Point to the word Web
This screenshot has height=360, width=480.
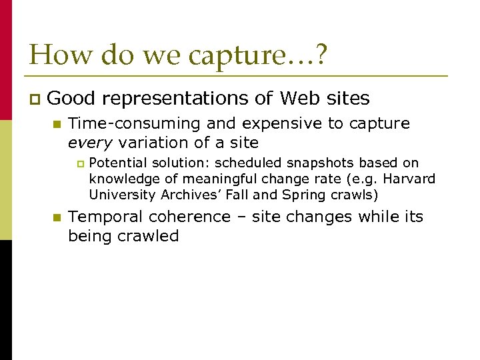300,99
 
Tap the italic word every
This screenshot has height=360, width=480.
87,142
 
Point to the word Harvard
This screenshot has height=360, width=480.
411,179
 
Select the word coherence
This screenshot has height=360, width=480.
191,217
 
